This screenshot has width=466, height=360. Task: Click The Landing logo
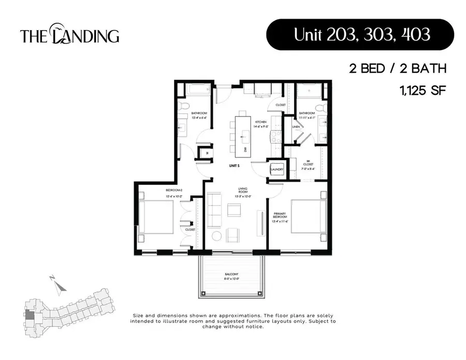69,35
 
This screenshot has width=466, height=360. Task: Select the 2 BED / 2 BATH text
397,68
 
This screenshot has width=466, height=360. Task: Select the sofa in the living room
214,212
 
